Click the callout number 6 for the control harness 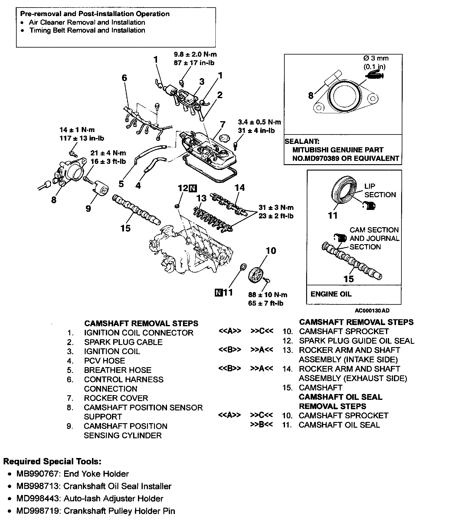coord(124,78)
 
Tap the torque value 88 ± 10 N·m coord(268,295)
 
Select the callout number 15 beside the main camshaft coord(125,228)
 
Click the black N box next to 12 coord(193,188)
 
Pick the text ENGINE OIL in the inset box coord(331,294)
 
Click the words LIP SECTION coord(380,191)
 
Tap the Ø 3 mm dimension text coord(376,58)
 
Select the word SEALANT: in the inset coord(302,141)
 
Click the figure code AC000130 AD coord(372,310)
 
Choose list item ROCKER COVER coord(116,398)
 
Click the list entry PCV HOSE coord(104,361)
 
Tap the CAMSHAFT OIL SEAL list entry coord(339,425)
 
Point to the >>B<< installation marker coord(262,425)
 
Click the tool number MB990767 coord(38,474)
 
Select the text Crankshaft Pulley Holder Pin coord(119,511)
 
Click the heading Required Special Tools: coord(52,462)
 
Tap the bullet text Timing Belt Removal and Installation coord(87,30)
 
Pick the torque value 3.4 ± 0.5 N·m coord(259,122)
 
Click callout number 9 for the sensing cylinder coord(88,208)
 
